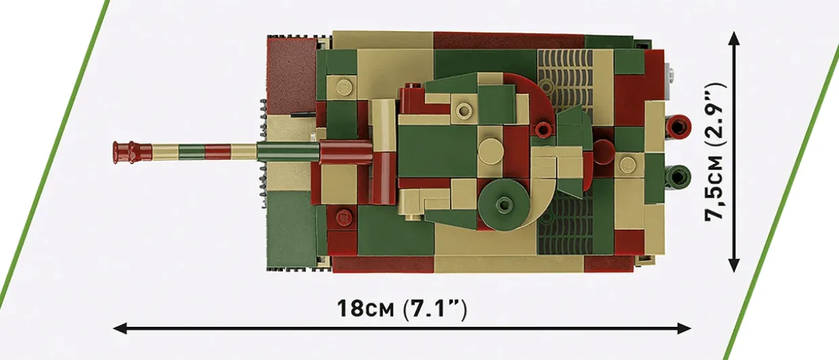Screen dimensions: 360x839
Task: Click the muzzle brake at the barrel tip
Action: tap(124, 152)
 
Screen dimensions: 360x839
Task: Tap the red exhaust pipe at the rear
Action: tap(677, 125)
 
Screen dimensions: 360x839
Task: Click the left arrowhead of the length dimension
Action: tap(119, 329)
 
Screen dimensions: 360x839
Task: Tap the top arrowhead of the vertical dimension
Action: tap(734, 37)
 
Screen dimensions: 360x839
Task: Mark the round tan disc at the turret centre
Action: tap(490, 151)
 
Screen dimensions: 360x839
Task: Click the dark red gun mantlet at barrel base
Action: tap(345, 152)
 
